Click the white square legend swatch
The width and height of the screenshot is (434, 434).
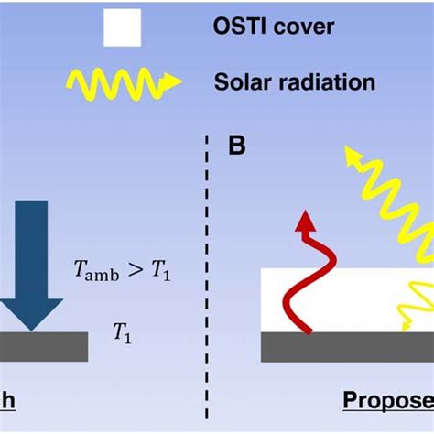click(121, 27)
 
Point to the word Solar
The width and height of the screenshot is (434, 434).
click(244, 82)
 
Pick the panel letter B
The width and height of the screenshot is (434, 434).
click(238, 146)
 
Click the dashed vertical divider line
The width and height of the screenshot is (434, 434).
click(206, 275)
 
